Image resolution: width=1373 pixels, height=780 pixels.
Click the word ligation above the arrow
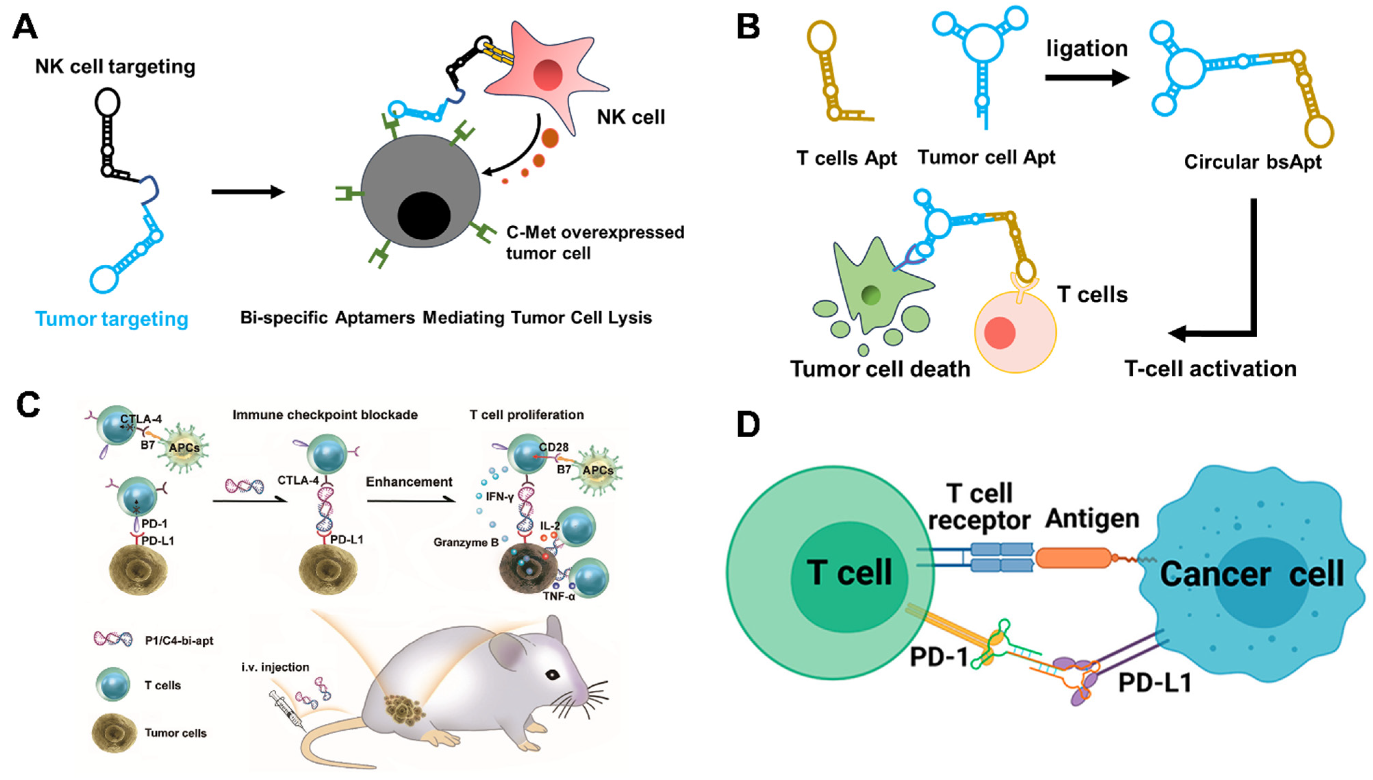point(1087,49)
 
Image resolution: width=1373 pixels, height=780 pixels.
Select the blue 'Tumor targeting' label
point(112,319)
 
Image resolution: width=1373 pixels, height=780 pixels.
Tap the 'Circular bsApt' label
point(1253,162)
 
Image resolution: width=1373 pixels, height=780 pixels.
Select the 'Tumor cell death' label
point(880,369)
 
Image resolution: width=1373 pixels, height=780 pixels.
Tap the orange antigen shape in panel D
point(1074,558)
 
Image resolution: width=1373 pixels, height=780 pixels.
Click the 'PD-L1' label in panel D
point(1155,683)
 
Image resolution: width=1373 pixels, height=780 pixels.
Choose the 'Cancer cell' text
point(1251,574)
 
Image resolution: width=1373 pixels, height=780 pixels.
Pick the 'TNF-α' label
point(559,596)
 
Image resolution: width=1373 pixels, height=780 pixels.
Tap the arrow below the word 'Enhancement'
point(411,501)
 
